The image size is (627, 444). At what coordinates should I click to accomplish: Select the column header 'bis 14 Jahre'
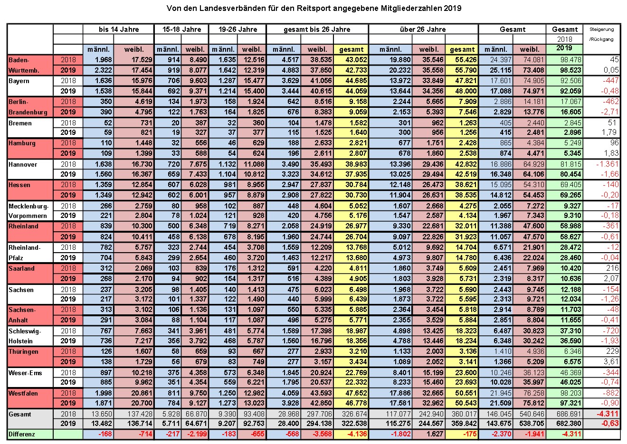pyautogui.click(x=119, y=29)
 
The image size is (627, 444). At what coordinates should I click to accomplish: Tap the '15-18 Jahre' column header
pyautogui.click(x=181, y=29)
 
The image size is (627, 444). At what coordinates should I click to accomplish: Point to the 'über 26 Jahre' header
pyautogui.click(x=423, y=29)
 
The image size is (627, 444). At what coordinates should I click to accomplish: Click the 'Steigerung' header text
pyautogui.click(x=601, y=29)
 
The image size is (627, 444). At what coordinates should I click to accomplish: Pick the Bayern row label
pyautogui.click(x=19, y=81)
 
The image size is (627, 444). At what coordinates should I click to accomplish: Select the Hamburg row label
pyautogui.click(x=22, y=143)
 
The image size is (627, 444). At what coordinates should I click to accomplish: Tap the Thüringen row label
pyautogui.click(x=23, y=352)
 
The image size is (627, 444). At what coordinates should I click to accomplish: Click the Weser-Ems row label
pyautogui.click(x=25, y=373)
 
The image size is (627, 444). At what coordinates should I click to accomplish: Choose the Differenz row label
pyautogui.click(x=21, y=434)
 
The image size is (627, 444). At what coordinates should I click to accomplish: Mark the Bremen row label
pyautogui.click(x=20, y=123)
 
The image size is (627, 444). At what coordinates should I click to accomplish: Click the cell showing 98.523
pyautogui.click(x=570, y=70)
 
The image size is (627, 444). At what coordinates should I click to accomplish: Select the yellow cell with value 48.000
pyautogui.click(x=466, y=91)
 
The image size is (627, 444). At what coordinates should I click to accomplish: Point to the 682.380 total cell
pyautogui.click(x=569, y=424)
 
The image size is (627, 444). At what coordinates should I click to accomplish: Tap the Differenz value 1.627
pyautogui.click(x=435, y=434)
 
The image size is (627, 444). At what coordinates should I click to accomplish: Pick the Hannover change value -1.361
pyautogui.click(x=607, y=164)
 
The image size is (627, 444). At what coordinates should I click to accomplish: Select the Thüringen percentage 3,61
pyautogui.click(x=611, y=362)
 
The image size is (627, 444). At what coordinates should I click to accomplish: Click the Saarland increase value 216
pyautogui.click(x=612, y=268)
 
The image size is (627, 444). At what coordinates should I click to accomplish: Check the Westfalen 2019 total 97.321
pyautogui.click(x=570, y=403)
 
